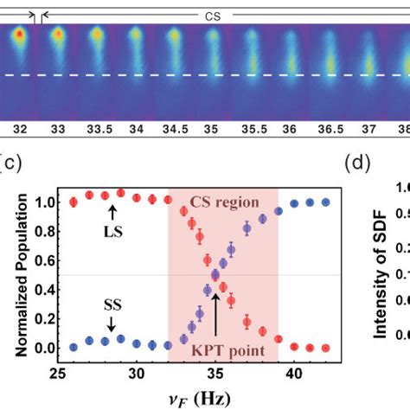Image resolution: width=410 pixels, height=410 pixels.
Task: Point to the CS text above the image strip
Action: (212, 16)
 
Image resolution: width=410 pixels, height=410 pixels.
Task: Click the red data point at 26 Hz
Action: (73, 202)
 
